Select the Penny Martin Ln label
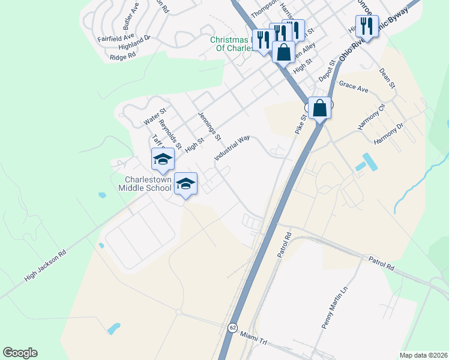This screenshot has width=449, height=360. [334, 307]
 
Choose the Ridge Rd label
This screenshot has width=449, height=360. [123, 56]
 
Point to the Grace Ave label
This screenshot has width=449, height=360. [354, 88]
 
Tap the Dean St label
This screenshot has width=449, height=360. [387, 78]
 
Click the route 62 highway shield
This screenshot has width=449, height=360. [232, 327]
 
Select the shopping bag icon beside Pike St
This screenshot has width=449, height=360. [320, 108]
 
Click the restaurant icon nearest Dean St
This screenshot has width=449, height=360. [366, 26]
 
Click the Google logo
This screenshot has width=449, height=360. [20, 353]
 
